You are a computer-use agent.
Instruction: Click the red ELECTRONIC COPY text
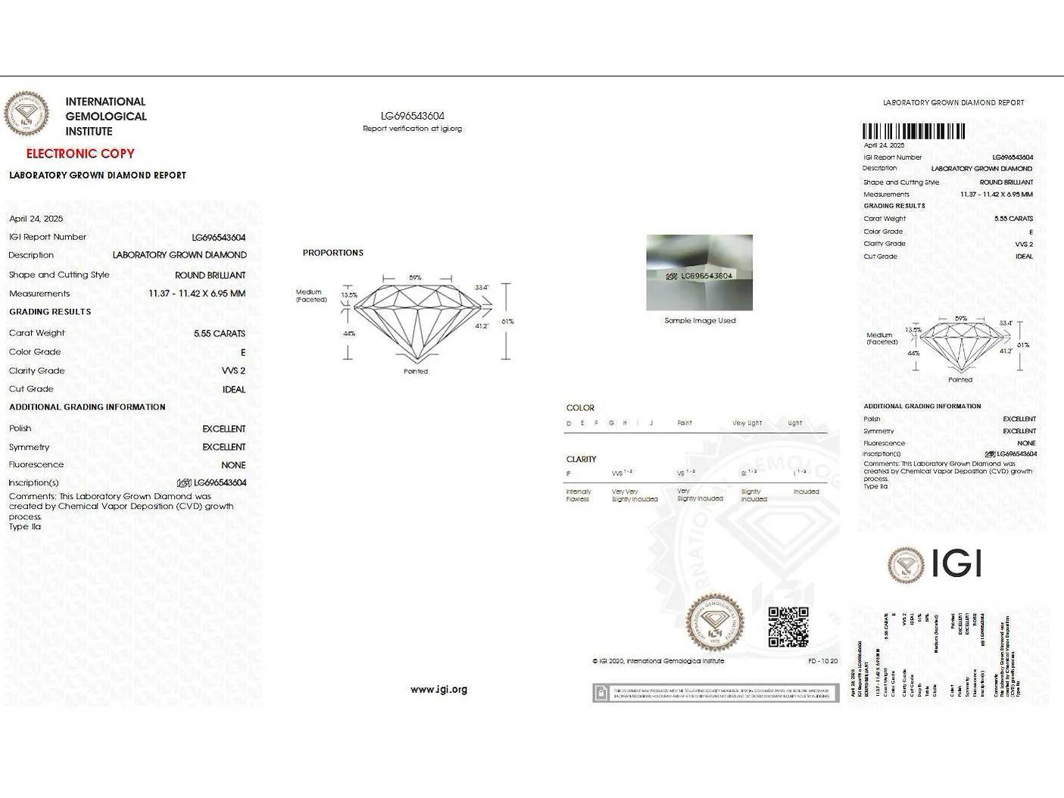[80, 154]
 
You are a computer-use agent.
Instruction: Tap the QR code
[788, 627]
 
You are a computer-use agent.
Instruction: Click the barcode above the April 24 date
[913, 132]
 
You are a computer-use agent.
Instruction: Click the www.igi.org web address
[438, 689]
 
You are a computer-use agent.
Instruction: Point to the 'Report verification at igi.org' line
[412, 129]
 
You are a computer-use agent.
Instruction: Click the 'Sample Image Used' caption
[700, 320]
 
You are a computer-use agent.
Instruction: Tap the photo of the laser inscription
[699, 273]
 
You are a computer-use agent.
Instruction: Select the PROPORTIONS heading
[333, 253]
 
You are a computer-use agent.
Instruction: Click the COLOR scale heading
[580, 407]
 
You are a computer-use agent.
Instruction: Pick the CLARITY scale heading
[581, 459]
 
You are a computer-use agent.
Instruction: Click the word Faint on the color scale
[685, 423]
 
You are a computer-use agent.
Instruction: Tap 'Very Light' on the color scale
[747, 423]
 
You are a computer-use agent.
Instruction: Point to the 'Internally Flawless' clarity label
[578, 495]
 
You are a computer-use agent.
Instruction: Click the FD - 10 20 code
[822, 661]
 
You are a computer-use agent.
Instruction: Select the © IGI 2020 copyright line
[658, 661]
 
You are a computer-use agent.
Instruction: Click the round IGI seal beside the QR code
[714, 622]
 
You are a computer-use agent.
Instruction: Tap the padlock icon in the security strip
[601, 693]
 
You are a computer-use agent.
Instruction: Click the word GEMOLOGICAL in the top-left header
[106, 117]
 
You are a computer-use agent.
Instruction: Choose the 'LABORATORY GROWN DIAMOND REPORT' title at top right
[953, 103]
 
